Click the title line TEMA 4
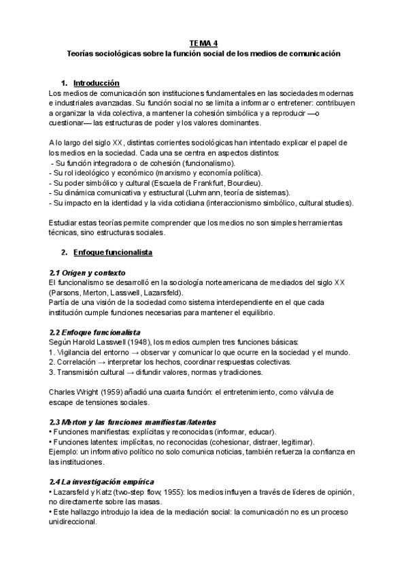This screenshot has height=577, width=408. pyautogui.click(x=204, y=42)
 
